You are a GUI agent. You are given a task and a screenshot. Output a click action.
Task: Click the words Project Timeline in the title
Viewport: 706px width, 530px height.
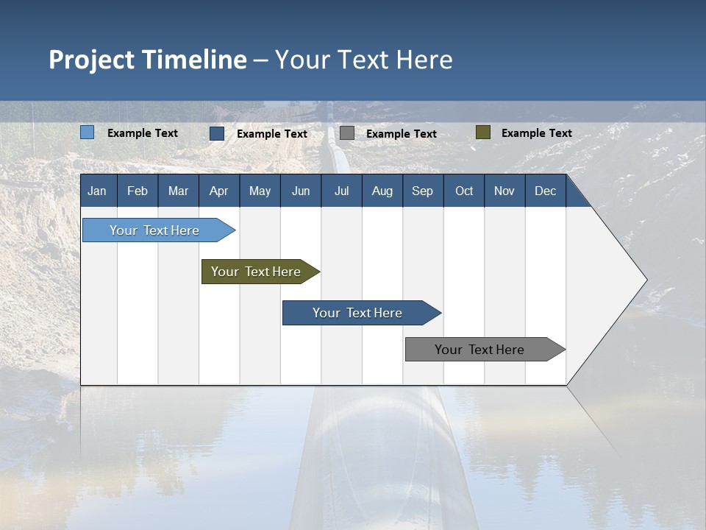click(x=148, y=60)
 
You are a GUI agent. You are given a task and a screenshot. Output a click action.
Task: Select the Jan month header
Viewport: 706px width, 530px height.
click(x=97, y=191)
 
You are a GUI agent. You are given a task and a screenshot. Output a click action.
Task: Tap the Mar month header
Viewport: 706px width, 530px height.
click(x=178, y=191)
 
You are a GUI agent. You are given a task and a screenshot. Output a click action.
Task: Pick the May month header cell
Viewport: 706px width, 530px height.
click(x=260, y=191)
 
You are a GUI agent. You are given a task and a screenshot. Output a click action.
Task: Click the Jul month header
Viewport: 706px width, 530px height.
click(x=341, y=191)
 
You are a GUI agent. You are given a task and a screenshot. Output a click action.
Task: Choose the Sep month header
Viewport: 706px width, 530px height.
click(x=422, y=191)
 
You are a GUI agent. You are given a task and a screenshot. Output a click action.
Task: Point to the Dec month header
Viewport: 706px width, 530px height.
click(x=545, y=191)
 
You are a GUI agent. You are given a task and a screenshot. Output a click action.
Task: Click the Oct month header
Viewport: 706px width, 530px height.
click(x=464, y=191)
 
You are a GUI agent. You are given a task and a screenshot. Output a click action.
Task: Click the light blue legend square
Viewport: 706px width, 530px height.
click(x=88, y=132)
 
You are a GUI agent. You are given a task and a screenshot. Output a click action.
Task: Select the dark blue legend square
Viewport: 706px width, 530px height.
click(x=217, y=133)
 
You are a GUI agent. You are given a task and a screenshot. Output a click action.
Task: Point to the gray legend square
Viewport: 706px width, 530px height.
click(x=347, y=133)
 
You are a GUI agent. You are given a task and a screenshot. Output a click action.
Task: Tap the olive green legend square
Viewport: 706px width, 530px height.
click(x=482, y=132)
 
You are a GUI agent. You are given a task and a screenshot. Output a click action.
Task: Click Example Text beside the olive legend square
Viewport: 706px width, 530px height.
click(x=536, y=133)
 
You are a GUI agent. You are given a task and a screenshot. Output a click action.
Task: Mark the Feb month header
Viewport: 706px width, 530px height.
click(x=138, y=191)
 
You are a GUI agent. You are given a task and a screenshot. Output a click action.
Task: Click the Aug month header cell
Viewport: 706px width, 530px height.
click(x=382, y=191)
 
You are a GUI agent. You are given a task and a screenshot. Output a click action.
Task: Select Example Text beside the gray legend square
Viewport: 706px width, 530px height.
click(x=401, y=134)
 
